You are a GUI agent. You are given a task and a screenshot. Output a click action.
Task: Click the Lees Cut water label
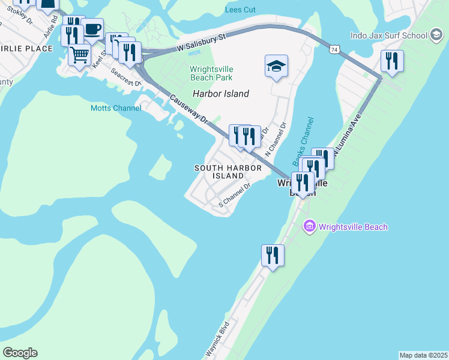pos(240,10)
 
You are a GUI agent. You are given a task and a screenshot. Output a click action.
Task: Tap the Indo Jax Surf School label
pos(388,35)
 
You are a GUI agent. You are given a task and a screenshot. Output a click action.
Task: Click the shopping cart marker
pos(79,56)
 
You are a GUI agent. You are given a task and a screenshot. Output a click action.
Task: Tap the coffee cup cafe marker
pos(92,29)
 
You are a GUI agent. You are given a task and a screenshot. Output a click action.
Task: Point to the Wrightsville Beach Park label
pos(211,73)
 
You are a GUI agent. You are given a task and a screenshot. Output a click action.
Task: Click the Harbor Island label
pos(220,94)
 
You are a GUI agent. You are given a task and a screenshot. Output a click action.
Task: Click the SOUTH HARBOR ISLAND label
pos(228,172)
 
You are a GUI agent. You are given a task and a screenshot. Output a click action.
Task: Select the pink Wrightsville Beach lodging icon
pos(310,227)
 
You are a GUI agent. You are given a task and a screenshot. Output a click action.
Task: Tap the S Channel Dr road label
pos(234,196)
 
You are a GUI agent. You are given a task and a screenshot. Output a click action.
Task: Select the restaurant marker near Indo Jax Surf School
pos(391,61)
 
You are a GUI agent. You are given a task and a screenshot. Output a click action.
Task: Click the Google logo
pos(20,353)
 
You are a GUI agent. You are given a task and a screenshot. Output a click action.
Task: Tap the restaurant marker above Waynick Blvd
pos(273,256)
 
